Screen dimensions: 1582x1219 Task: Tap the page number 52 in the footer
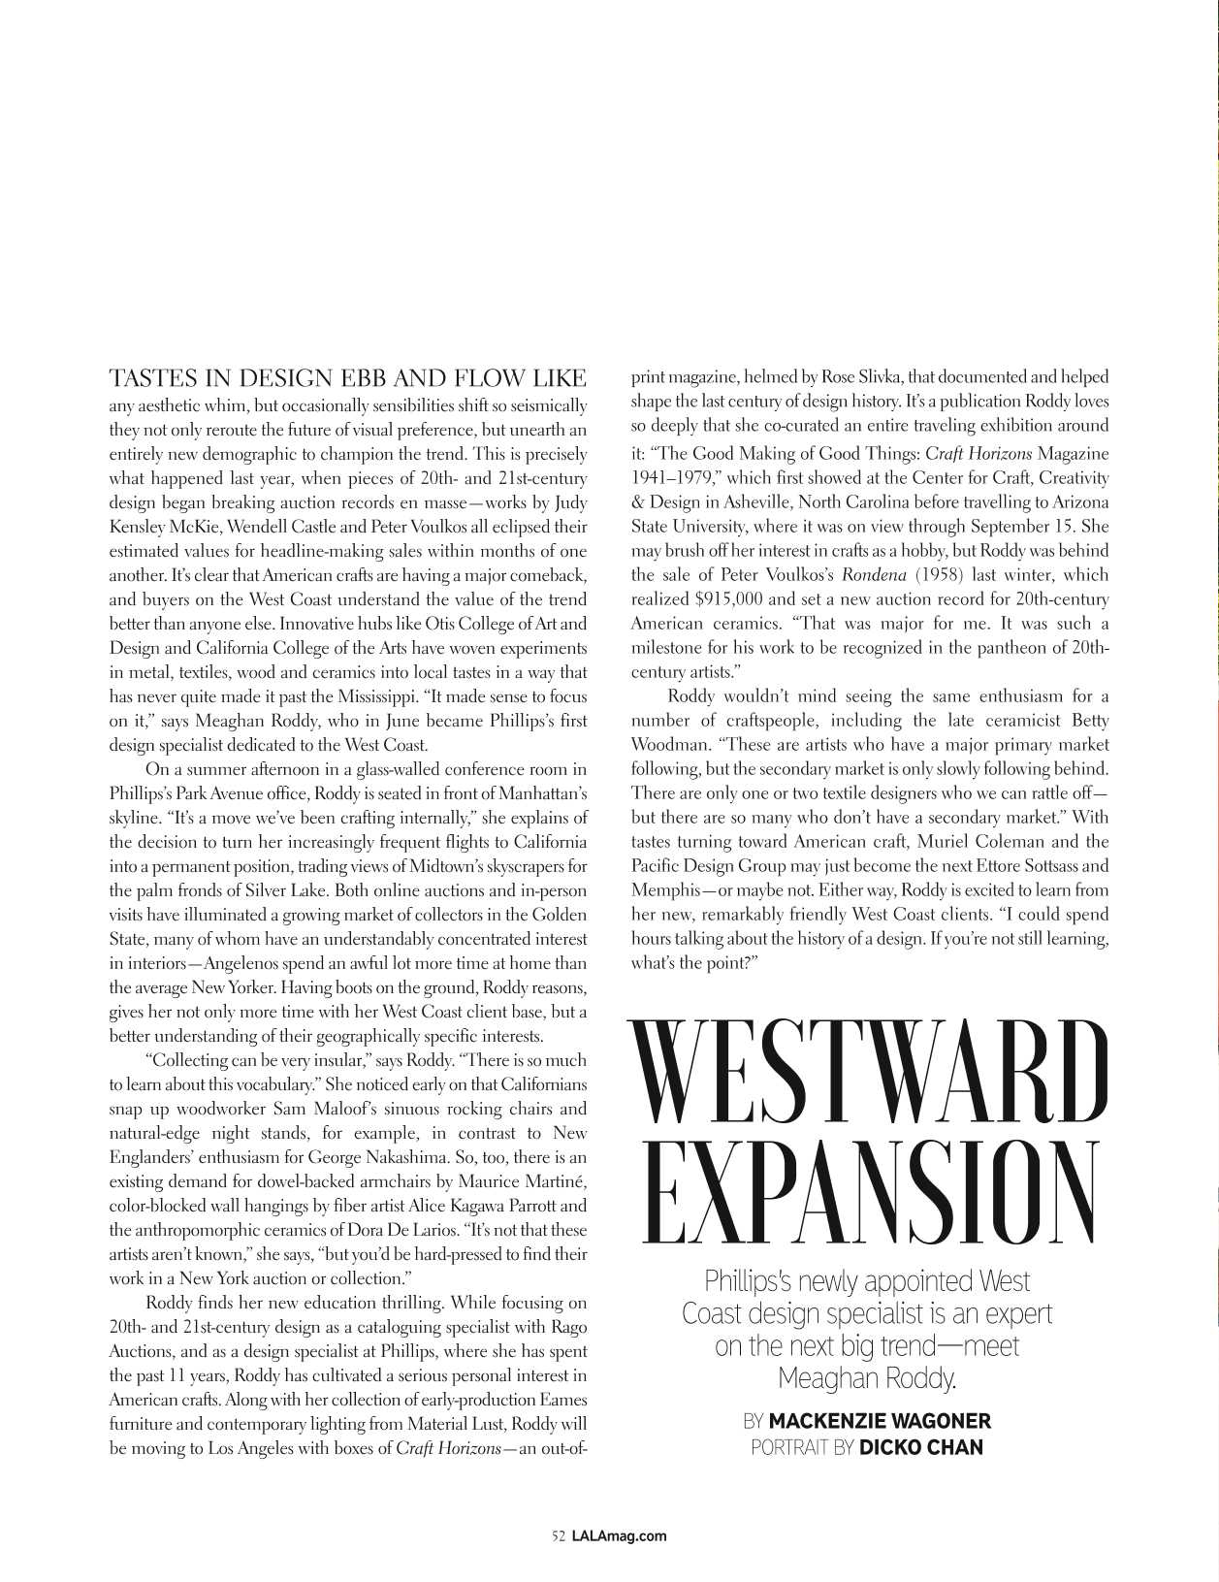tap(558, 1535)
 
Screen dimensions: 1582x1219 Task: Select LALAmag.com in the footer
tap(619, 1535)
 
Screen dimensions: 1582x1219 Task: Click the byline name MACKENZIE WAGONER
tap(880, 1421)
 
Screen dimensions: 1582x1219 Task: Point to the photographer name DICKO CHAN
tap(921, 1447)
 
